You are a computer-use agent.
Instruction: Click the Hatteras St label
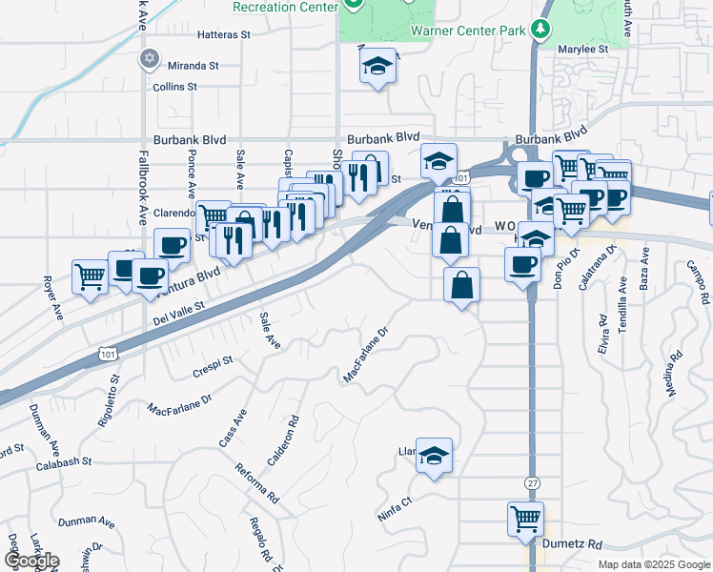[x=223, y=34]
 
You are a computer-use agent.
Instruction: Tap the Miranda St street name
[x=193, y=66]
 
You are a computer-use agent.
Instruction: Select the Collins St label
[x=174, y=87]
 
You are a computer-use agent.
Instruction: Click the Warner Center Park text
[x=468, y=31]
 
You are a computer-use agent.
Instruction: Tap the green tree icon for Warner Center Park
[x=541, y=30]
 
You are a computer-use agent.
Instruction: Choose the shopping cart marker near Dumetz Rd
[x=525, y=520]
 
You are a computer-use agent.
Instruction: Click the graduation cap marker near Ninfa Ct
[x=434, y=456]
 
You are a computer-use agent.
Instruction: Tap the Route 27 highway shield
[x=532, y=483]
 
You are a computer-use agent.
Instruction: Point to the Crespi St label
[x=213, y=363]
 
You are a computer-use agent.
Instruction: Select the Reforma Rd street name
[x=258, y=484]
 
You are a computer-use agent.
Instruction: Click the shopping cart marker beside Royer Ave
[x=91, y=277]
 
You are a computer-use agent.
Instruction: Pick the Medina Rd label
[x=673, y=374]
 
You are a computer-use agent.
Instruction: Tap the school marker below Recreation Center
[x=377, y=67]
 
